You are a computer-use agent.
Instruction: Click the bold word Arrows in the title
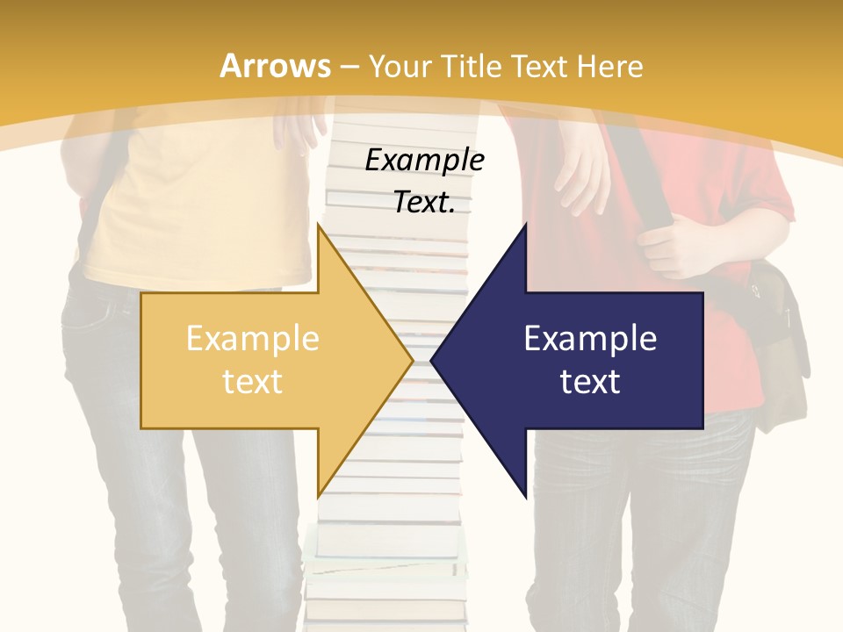pyautogui.click(x=275, y=66)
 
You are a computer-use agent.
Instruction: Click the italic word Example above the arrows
pyautogui.click(x=424, y=160)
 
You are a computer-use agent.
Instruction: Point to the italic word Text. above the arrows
pyautogui.click(x=424, y=203)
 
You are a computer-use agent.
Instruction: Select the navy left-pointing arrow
pyautogui.click(x=580, y=360)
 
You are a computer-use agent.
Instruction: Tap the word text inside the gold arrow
pyautogui.click(x=252, y=381)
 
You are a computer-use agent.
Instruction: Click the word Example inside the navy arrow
pyautogui.click(x=590, y=338)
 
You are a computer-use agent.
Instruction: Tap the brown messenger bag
pyautogui.click(x=782, y=351)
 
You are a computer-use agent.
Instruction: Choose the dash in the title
pyautogui.click(x=349, y=66)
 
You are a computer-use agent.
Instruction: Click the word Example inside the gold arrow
pyautogui.click(x=252, y=338)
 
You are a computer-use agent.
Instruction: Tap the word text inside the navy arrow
pyautogui.click(x=590, y=381)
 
